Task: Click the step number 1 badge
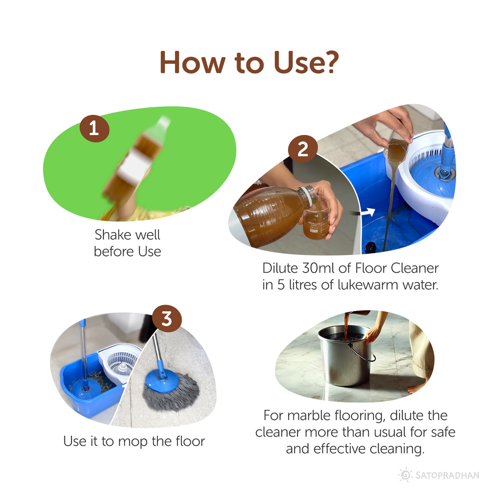pyautogui.click(x=94, y=128)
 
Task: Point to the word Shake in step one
pyautogui.click(x=113, y=235)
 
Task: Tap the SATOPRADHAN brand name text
pyautogui.click(x=447, y=475)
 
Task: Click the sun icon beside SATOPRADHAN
pyautogui.click(x=405, y=475)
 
